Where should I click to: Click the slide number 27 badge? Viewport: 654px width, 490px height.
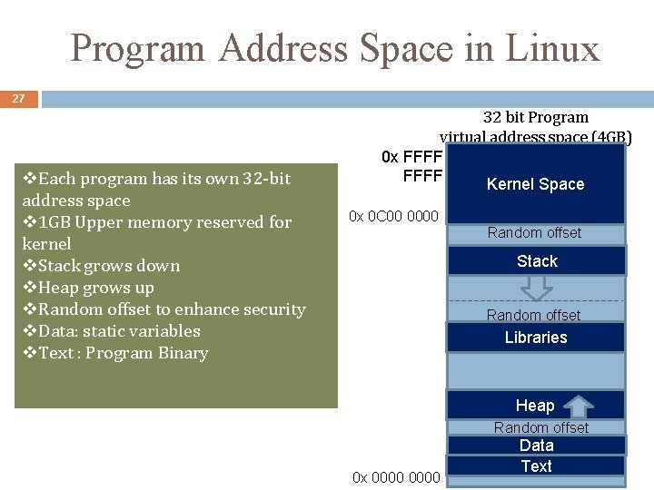(18, 98)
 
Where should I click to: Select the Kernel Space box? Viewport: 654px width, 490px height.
(535, 184)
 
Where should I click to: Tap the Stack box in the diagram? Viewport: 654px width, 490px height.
(536, 261)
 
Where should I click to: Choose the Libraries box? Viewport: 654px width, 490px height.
(535, 338)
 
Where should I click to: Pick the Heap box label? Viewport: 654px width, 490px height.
(534, 406)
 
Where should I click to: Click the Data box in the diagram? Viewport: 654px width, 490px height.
(536, 446)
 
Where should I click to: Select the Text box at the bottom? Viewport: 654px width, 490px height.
(536, 466)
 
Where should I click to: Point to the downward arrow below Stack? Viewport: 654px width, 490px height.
(536, 288)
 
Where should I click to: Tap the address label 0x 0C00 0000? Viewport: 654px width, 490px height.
(394, 216)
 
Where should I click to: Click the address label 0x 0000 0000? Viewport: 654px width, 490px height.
(396, 477)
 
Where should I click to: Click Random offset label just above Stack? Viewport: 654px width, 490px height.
(534, 233)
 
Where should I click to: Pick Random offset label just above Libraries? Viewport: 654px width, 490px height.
(533, 316)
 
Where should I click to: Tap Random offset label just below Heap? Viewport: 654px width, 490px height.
(540, 427)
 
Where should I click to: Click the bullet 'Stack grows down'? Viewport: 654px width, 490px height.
(101, 266)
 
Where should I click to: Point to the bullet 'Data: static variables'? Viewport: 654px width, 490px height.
(111, 331)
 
